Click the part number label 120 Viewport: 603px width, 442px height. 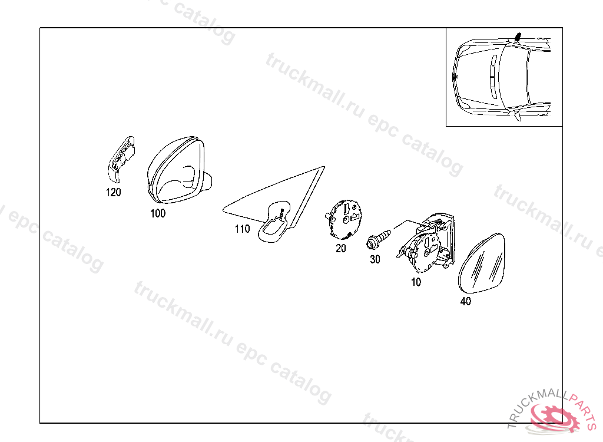114,192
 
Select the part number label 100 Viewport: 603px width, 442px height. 158,213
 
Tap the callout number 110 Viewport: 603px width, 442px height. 242,229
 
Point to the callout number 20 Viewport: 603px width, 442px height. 341,248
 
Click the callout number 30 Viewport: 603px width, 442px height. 375,259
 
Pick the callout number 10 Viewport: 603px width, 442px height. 416,282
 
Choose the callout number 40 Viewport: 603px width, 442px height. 466,301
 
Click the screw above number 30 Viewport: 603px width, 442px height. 379,239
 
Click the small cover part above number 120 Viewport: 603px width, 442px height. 120,159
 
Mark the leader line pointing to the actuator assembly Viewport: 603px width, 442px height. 407,225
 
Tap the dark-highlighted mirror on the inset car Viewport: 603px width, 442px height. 517,37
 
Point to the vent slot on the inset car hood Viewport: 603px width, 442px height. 493,77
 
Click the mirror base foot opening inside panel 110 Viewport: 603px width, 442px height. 276,223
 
